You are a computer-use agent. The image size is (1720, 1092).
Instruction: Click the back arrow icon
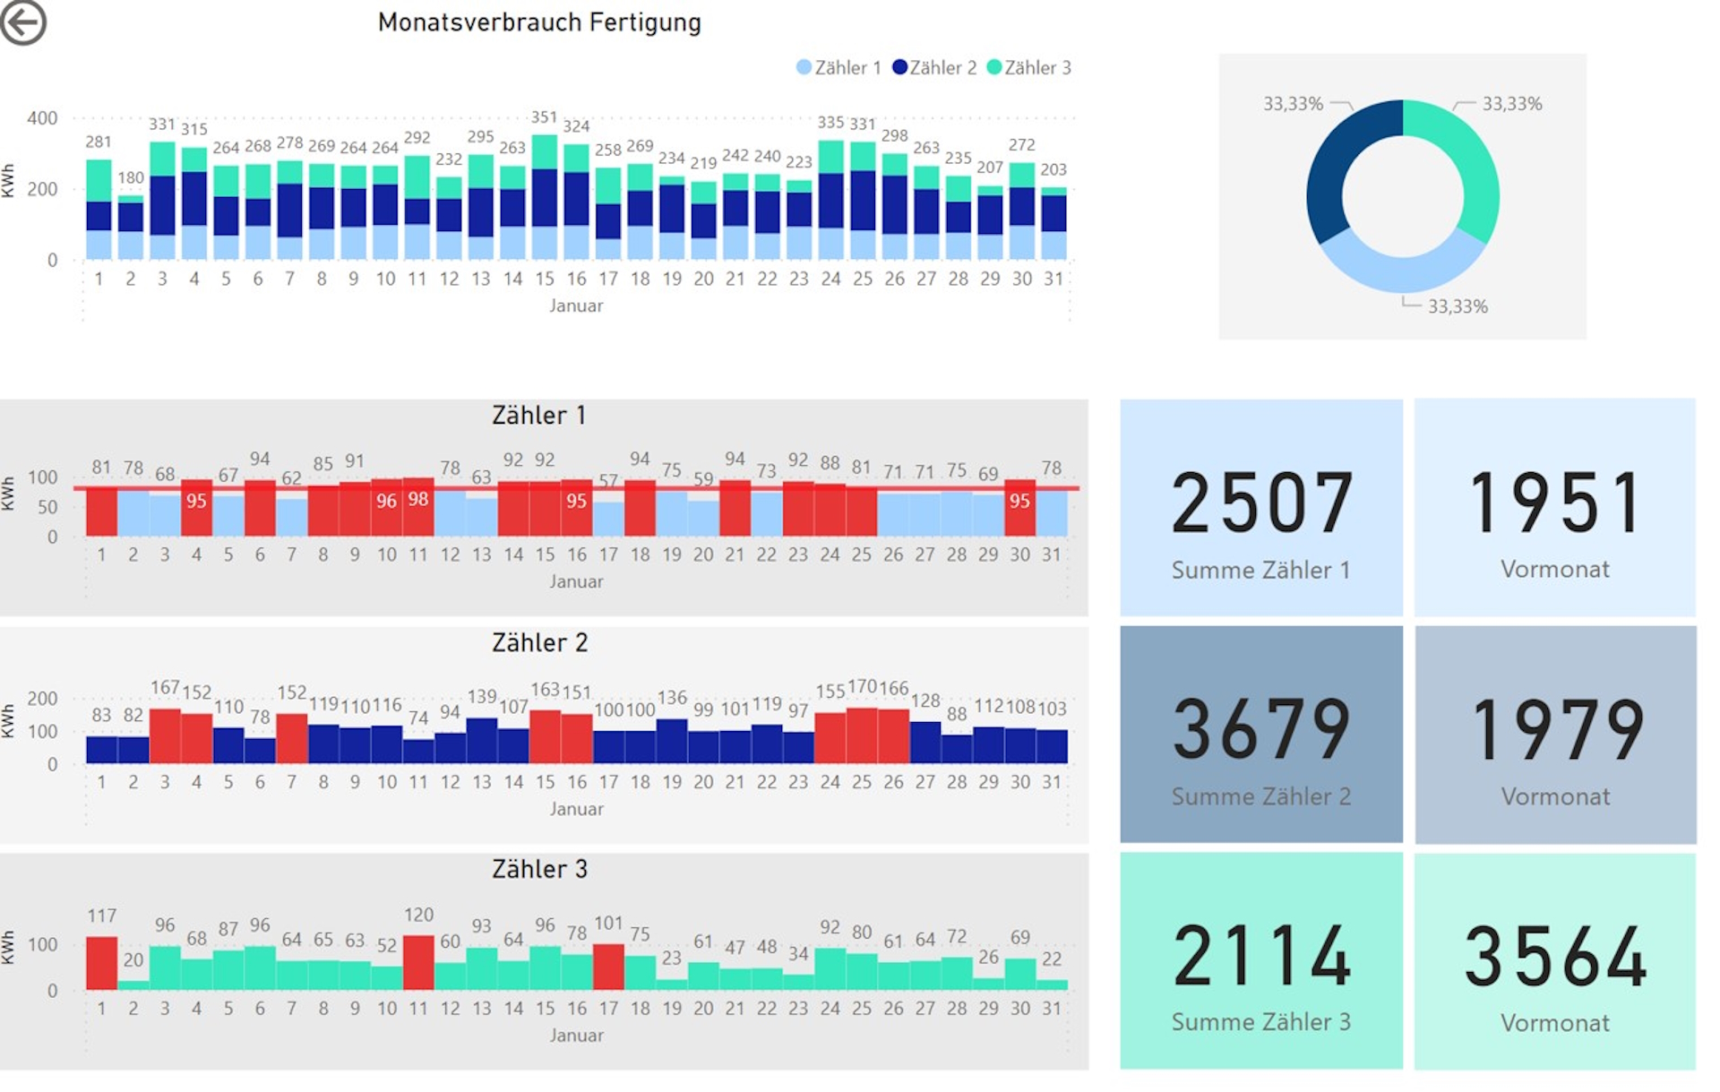click(x=23, y=21)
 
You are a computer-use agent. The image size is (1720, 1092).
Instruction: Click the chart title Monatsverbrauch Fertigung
click(x=539, y=22)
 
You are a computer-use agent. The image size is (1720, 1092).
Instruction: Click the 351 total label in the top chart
click(x=544, y=117)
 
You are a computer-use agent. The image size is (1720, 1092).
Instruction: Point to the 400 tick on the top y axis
click(x=42, y=118)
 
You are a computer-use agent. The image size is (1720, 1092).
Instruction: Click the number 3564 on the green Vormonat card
click(x=1555, y=957)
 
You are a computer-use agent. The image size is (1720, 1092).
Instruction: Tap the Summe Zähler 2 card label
click(x=1261, y=796)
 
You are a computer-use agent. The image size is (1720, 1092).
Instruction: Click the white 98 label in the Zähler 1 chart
click(x=418, y=499)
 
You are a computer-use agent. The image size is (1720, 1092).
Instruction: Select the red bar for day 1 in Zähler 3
click(x=101, y=963)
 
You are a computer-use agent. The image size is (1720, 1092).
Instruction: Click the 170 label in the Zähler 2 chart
click(x=862, y=687)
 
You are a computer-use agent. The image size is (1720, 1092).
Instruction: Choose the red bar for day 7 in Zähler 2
click(x=292, y=738)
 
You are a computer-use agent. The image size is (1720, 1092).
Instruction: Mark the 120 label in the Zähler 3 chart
click(x=418, y=915)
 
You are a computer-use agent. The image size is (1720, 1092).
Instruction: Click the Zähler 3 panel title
click(x=539, y=869)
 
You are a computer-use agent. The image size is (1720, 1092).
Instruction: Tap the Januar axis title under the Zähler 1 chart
click(x=576, y=581)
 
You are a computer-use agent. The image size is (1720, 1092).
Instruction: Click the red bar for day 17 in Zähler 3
click(x=608, y=967)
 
